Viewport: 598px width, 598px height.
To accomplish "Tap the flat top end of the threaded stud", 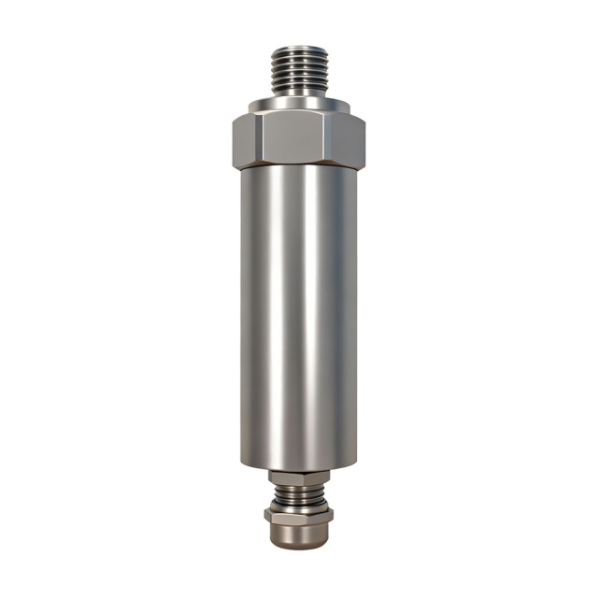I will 298,43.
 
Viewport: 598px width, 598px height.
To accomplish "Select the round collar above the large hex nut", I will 298,105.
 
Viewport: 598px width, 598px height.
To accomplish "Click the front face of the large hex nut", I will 297,138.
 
